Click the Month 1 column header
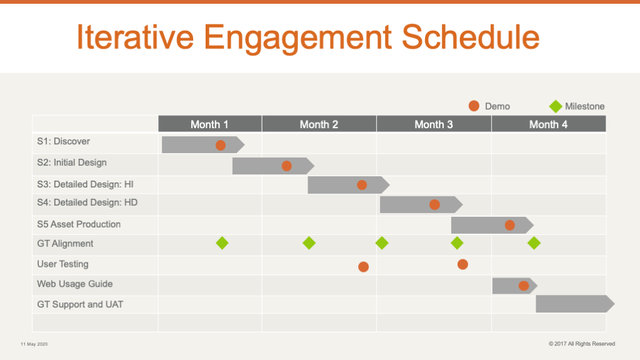click(x=210, y=124)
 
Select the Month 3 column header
click(x=434, y=124)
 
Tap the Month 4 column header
click(x=549, y=124)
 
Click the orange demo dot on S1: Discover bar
click(x=221, y=145)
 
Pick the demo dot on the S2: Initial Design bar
click(x=286, y=166)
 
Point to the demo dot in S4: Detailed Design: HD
click(x=435, y=205)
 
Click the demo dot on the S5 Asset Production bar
click(x=510, y=225)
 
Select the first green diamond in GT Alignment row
click(x=222, y=243)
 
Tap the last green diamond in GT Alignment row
click(x=534, y=243)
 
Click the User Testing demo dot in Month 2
click(x=363, y=267)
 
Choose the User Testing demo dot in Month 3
click(x=462, y=264)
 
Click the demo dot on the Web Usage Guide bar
click(x=524, y=286)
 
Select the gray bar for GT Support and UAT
click(x=575, y=304)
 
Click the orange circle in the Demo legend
click(x=474, y=106)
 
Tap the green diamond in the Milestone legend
click(x=556, y=106)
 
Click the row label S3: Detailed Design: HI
click(x=85, y=184)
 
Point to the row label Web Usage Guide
click(x=75, y=284)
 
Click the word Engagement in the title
click(x=297, y=37)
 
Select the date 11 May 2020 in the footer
click(x=34, y=344)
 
